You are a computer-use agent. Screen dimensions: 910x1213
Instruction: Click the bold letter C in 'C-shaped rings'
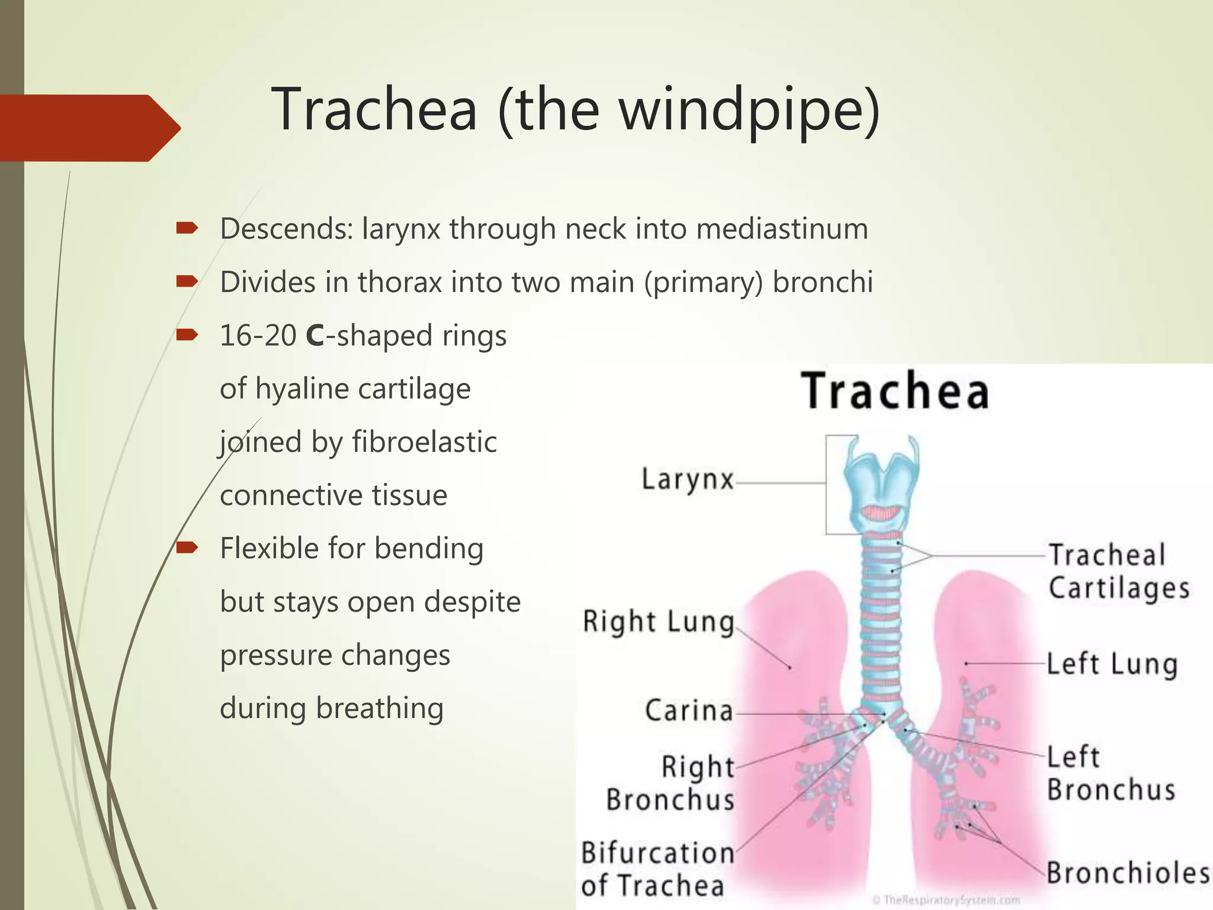315,336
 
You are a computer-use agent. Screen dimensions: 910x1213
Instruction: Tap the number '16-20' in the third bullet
258,336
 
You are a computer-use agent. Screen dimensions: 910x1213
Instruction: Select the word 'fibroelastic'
424,442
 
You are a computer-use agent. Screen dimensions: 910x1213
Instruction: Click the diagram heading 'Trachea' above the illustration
895,391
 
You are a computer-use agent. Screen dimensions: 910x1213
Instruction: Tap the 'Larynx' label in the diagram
688,479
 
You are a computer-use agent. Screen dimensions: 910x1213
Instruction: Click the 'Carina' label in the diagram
689,710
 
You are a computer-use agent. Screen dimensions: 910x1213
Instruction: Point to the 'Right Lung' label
658,621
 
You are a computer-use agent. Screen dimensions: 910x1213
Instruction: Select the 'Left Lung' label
1112,664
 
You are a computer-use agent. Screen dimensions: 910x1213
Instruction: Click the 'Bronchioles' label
1128,873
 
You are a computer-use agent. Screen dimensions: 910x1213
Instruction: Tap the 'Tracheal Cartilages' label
1118,572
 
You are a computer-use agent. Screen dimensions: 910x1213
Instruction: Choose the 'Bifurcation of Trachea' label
657,869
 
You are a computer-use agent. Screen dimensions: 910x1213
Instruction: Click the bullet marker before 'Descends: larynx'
187,227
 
